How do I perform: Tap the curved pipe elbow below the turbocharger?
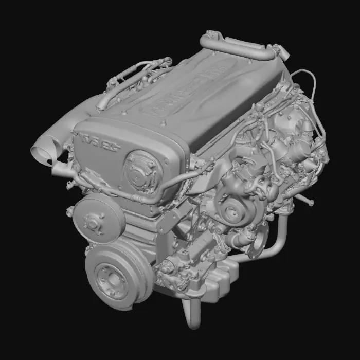point(278,242)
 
